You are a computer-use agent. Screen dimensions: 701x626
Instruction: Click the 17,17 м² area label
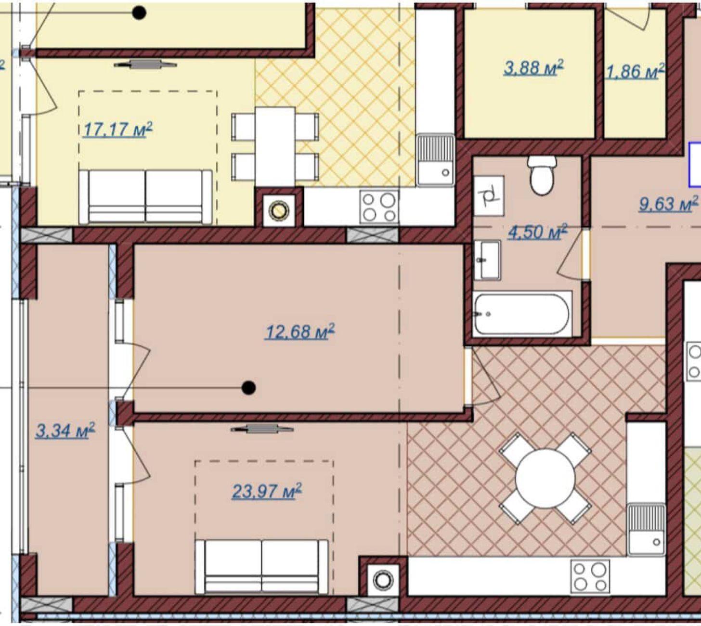(118, 130)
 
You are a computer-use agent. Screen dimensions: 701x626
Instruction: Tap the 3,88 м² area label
(533, 67)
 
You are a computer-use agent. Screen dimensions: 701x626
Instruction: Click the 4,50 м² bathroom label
(538, 232)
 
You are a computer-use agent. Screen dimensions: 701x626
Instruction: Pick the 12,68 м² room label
(300, 331)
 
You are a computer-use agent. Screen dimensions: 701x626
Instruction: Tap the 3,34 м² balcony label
(65, 430)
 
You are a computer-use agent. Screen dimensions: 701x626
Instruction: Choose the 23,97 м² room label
(267, 491)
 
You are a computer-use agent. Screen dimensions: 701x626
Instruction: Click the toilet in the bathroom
(542, 175)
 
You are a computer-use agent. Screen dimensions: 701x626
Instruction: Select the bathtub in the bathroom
(522, 314)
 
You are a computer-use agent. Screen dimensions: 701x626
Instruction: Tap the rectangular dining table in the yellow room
(275, 147)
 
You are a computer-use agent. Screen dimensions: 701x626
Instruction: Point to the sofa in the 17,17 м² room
(145, 197)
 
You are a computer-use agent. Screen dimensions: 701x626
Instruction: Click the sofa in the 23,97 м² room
(261, 566)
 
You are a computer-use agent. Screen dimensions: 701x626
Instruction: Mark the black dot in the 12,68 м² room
(248, 388)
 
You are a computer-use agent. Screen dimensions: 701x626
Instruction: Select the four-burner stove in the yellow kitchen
(379, 207)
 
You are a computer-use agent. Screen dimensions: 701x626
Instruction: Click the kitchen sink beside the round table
(646, 530)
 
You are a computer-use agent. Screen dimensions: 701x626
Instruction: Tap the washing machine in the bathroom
(489, 196)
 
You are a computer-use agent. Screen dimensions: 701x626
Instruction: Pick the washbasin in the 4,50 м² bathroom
(487, 260)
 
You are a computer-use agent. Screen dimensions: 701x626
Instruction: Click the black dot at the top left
(139, 13)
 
